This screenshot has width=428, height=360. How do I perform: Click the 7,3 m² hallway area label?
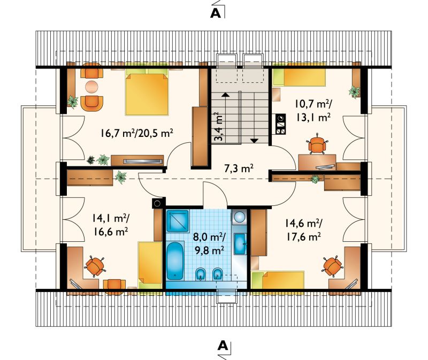point(239,168)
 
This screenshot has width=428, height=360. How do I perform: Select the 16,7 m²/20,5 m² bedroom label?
point(137,133)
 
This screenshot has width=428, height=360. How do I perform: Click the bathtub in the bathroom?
point(175,261)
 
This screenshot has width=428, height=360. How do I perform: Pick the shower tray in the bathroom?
point(178,221)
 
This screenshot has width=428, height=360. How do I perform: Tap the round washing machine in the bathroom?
point(239,217)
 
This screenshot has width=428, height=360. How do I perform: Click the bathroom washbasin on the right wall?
point(240,243)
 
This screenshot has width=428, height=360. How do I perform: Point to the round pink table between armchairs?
point(91,87)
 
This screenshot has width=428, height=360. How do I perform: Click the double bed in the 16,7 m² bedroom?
point(147,91)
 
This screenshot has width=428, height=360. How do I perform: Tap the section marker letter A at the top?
point(216,13)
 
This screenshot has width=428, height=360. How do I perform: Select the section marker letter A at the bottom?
point(223,346)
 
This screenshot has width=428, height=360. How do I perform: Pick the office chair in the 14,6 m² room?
point(332,266)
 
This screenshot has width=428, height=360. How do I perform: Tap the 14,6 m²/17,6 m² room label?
point(303,231)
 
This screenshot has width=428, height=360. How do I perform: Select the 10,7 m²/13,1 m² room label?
point(313,110)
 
